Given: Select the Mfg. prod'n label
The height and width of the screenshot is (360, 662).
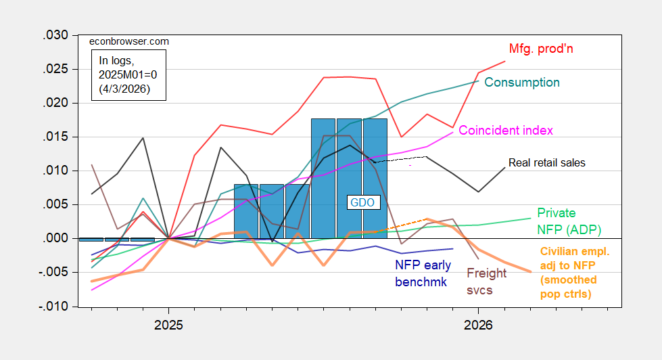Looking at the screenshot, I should click(536, 49).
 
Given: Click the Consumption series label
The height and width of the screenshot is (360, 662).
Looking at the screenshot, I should click(522, 83).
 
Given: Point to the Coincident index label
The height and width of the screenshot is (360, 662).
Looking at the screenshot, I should click(506, 130).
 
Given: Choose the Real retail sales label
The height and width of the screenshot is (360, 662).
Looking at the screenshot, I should click(546, 163).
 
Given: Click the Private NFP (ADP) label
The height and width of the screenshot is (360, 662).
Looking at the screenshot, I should click(569, 221).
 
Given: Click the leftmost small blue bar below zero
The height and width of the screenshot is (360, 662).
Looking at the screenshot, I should click(91, 240).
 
